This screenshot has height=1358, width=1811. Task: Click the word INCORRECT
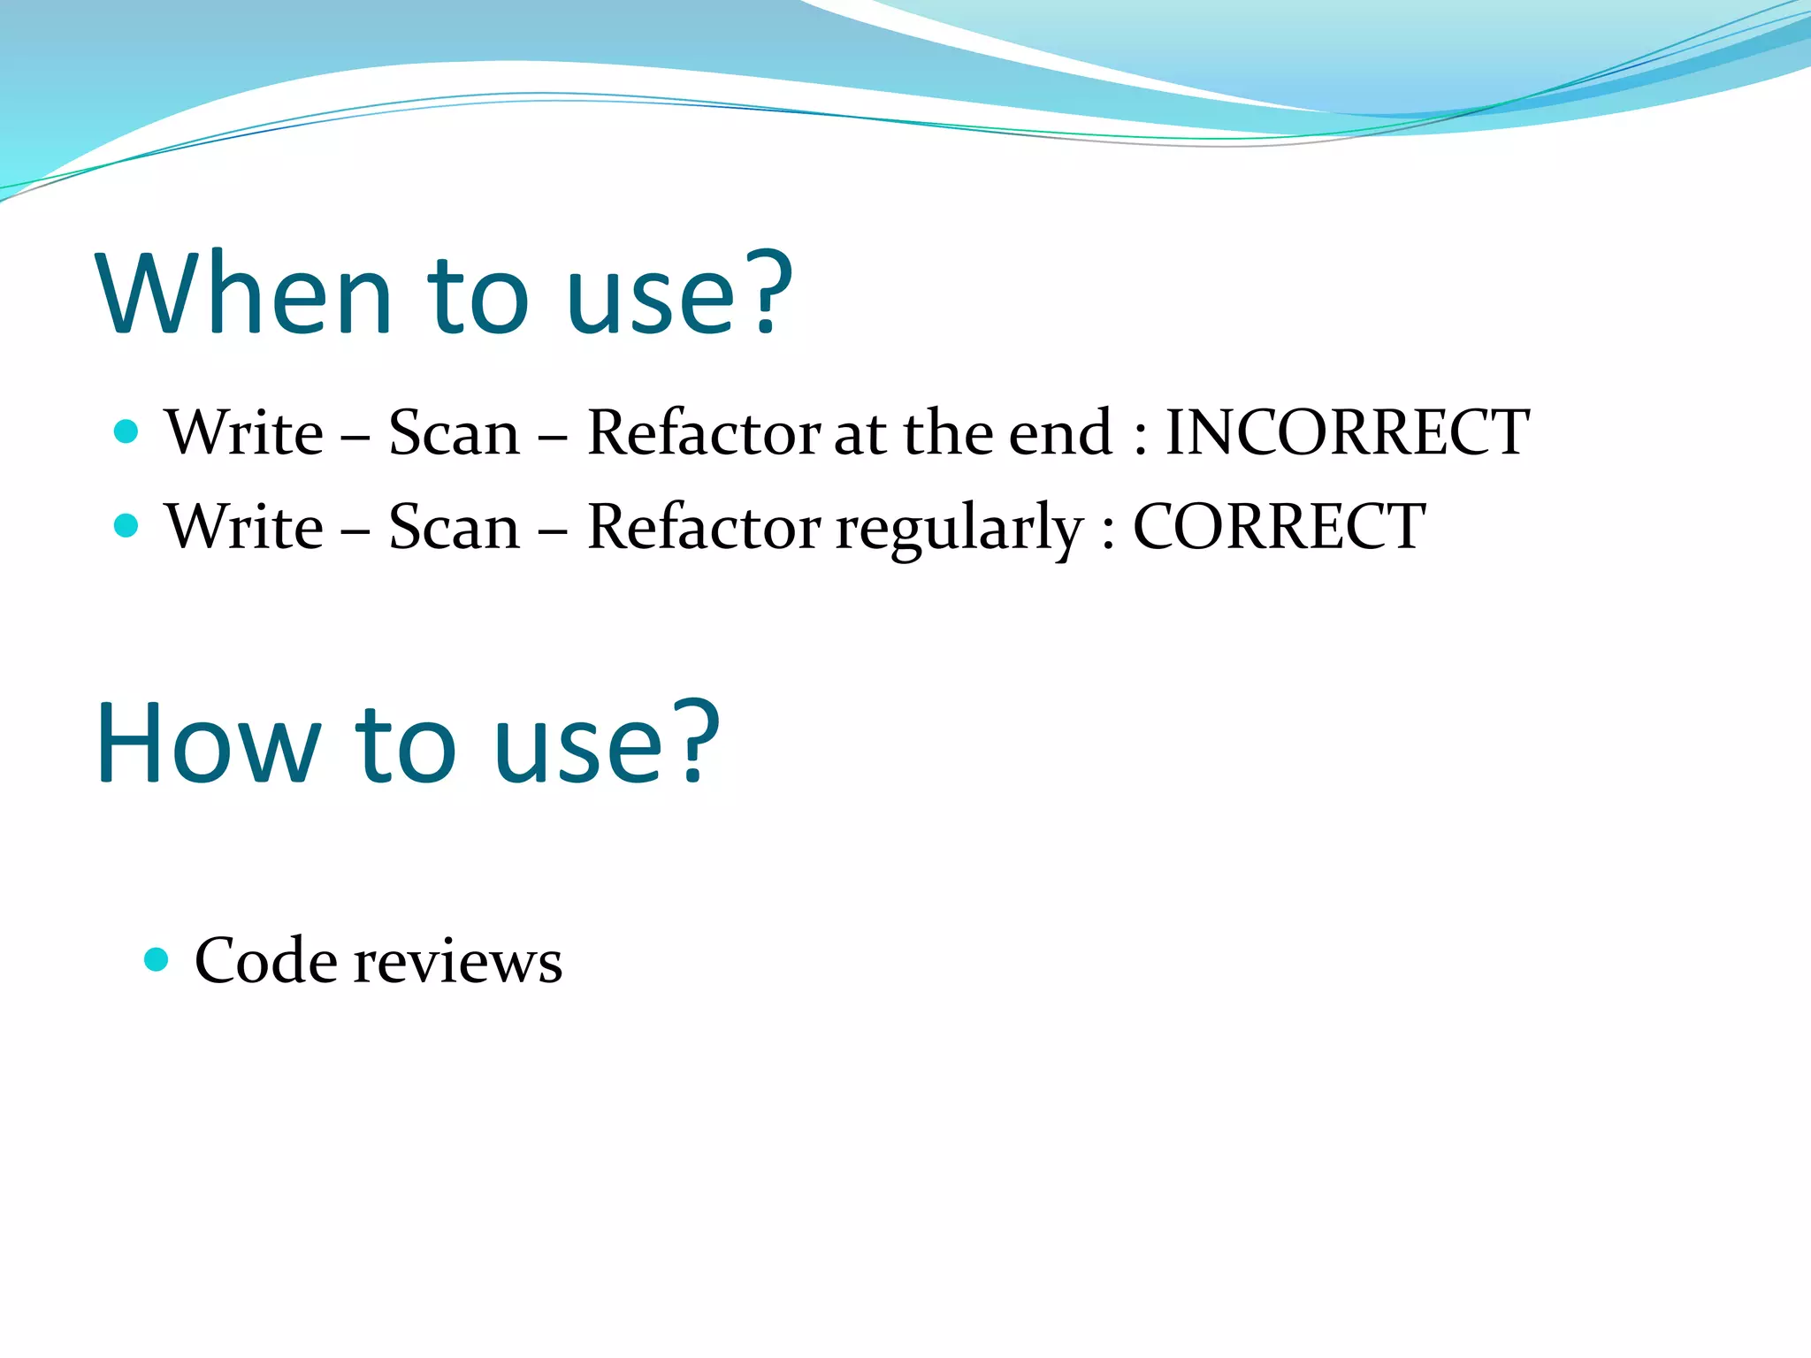click(1347, 432)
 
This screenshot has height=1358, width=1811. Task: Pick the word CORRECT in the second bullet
click(1279, 527)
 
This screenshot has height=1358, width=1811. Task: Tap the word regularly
click(959, 529)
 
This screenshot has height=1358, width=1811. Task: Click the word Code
click(265, 961)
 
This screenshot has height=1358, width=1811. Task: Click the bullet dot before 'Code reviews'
click(157, 959)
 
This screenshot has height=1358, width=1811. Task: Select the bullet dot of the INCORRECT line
click(126, 431)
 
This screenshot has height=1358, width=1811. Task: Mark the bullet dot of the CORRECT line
click(126, 526)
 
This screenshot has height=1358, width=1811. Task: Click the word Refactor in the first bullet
click(704, 432)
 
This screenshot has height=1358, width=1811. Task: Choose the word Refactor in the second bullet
click(704, 527)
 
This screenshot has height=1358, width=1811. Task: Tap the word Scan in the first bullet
click(455, 432)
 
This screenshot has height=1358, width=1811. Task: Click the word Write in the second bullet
click(244, 527)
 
